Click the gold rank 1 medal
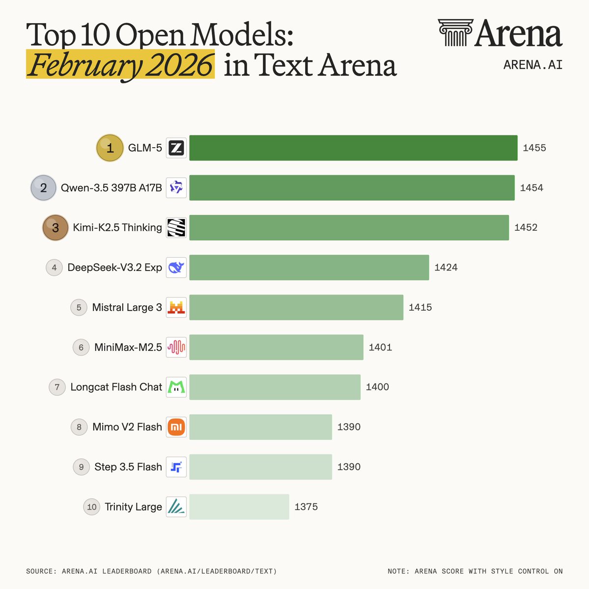coord(110,148)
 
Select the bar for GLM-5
coord(353,148)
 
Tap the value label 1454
coord(532,187)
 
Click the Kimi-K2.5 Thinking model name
coord(117,227)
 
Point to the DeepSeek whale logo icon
coord(176,268)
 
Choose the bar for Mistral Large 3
coord(296,307)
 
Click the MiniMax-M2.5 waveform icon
coord(176,347)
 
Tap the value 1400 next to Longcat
coord(377,387)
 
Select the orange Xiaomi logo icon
coord(176,427)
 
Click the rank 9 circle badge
coord(82,467)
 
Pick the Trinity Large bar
coord(239,507)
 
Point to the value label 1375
coord(306,507)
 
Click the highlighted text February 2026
coord(120,65)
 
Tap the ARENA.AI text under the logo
coord(533,65)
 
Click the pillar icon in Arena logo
coord(455,33)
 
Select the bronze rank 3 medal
coord(55,228)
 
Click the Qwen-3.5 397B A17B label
coord(111,187)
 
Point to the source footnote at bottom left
coord(151,571)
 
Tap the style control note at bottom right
coord(475,571)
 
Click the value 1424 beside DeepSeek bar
coord(446,268)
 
